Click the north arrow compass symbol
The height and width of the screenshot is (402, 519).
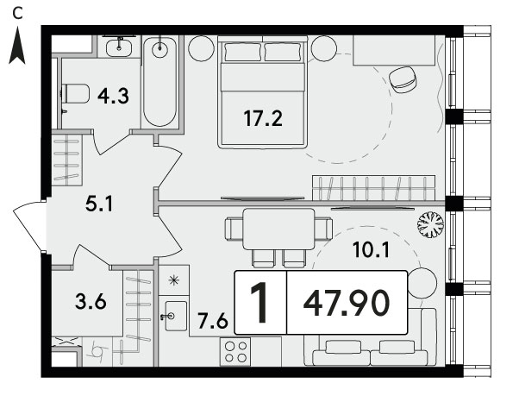tap(17, 46)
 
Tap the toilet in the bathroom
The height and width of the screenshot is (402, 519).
tap(76, 93)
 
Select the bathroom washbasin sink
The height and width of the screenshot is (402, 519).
tap(119, 47)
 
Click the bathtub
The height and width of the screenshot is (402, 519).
tap(159, 81)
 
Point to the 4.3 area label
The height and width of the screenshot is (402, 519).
tap(113, 97)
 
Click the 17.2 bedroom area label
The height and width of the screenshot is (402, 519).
tap(263, 118)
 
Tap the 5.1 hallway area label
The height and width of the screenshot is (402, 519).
tap(99, 204)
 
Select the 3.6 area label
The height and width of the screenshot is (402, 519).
tap(91, 302)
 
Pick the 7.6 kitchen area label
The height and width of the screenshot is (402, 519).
tap(213, 321)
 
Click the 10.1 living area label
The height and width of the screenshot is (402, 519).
tap(371, 249)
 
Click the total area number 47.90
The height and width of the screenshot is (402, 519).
tap(347, 303)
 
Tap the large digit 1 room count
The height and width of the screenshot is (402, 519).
tap(259, 303)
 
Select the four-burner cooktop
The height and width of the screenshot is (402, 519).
tap(235, 352)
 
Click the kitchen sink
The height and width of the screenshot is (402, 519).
tap(176, 316)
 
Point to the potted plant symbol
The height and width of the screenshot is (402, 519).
tap(430, 225)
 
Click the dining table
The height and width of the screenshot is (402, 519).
tap(278, 229)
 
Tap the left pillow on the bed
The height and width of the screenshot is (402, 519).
tap(242, 52)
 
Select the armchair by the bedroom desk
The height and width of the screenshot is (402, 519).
tap(403, 79)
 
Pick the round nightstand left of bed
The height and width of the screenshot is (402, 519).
tap(201, 48)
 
